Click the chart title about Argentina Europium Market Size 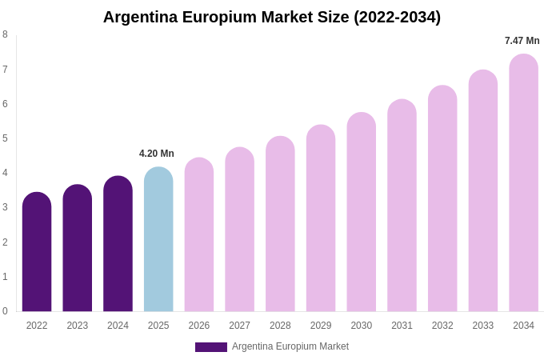(x=272, y=17)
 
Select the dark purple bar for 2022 (x=37, y=252)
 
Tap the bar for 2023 (x=78, y=248)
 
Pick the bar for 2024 (x=118, y=244)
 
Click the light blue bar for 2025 (x=158, y=239)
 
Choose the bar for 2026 (x=199, y=234)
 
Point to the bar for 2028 (x=280, y=224)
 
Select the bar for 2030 (x=362, y=212)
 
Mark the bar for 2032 (x=442, y=198)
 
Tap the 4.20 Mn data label (x=157, y=154)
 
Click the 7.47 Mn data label (x=522, y=41)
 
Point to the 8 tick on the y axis (x=5, y=34)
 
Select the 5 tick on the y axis (x=5, y=138)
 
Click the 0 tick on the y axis (x=5, y=311)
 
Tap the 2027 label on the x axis (x=239, y=326)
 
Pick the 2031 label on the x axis (x=402, y=326)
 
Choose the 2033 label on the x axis (x=483, y=326)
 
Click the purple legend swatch (x=211, y=347)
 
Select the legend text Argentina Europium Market (x=290, y=346)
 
